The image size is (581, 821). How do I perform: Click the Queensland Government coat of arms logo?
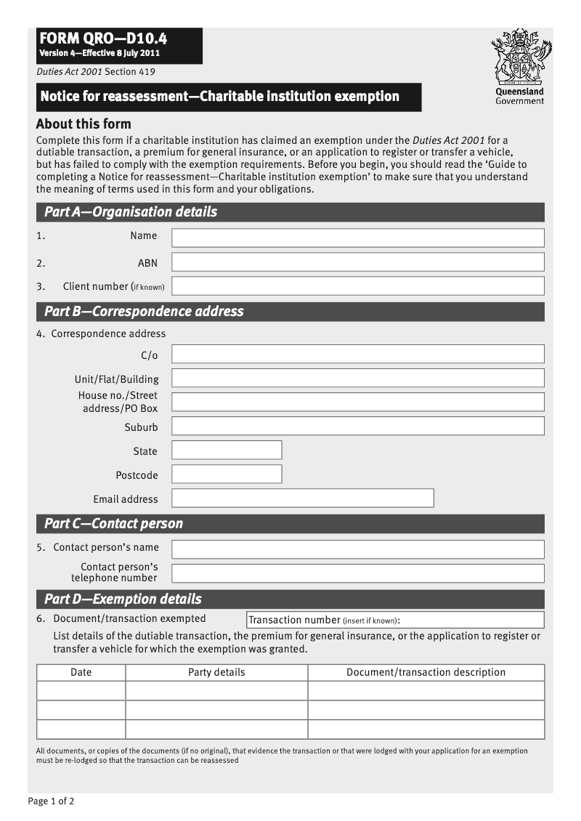point(520,58)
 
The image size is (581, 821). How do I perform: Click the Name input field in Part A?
point(357,238)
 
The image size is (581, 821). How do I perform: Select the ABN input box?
point(357,262)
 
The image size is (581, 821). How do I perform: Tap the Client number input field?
point(357,286)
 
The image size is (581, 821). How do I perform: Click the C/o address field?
point(357,355)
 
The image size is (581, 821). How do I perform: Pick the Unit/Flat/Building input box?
point(357,379)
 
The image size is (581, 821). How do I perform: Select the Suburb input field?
point(357,426)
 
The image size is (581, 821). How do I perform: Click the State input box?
point(227,450)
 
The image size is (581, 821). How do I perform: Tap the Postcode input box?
point(227,474)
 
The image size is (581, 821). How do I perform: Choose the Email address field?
point(302,498)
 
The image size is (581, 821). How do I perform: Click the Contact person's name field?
point(357,549)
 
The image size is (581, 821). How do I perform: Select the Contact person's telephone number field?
point(357,573)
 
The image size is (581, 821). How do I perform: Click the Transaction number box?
point(395,620)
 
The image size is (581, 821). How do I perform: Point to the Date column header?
point(81,672)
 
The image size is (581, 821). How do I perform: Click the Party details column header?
point(216,672)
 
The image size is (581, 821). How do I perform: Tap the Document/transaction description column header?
point(426,672)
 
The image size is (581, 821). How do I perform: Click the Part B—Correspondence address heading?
point(144,312)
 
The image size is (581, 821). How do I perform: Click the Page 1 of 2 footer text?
point(51,801)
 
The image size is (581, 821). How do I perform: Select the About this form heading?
point(84,124)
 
